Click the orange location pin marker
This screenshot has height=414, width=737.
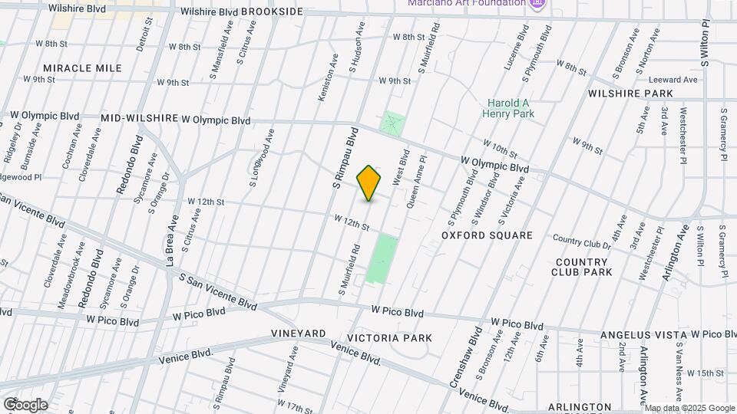tap(369, 182)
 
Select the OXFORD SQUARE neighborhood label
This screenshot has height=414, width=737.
tap(486, 235)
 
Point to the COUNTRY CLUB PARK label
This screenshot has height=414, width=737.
tap(583, 267)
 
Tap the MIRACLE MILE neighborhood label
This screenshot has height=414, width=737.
tap(82, 68)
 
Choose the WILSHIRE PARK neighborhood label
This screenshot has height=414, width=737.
tap(630, 94)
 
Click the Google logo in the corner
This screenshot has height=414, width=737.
tap(25, 404)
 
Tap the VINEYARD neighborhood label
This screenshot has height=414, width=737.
tap(299, 334)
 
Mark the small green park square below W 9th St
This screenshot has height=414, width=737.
tap(392, 123)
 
